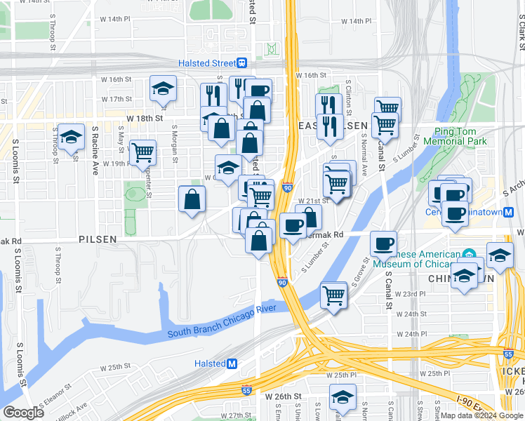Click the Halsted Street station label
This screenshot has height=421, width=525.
tap(209, 63)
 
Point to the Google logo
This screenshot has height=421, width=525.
tap(23, 412)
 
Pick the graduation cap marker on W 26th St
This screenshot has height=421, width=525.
tap(343, 397)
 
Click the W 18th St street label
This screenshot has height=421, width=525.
tap(145, 119)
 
